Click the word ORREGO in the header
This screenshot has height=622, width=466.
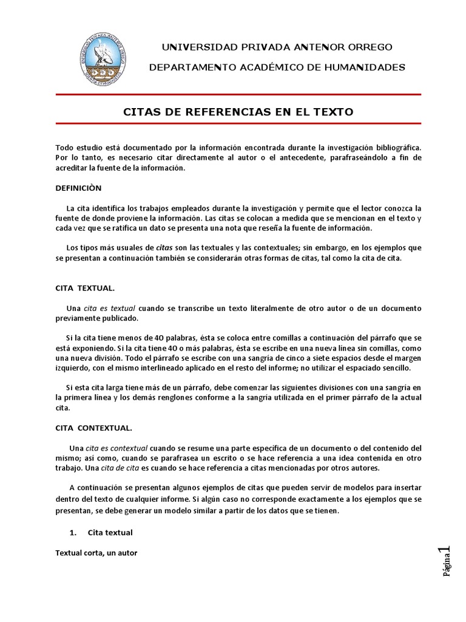pos(366,47)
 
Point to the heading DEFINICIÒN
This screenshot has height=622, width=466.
pos(79,188)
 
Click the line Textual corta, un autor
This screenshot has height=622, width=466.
pos(96,553)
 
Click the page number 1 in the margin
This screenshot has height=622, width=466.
pos(447,551)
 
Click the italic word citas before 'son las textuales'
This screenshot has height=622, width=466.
pos(164,248)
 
